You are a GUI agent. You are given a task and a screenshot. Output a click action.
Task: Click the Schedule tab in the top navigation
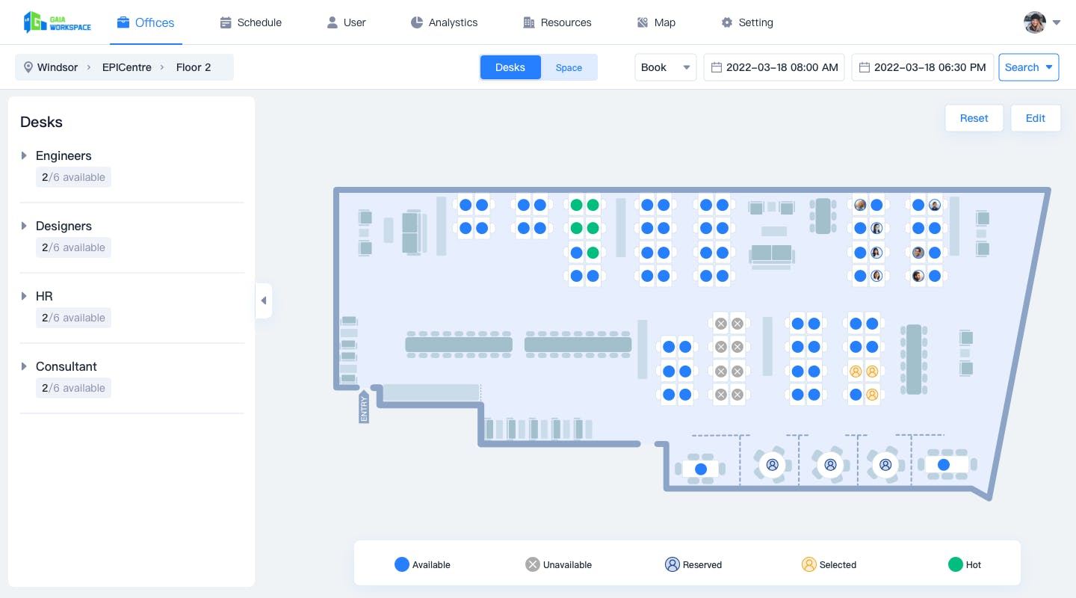click(x=251, y=22)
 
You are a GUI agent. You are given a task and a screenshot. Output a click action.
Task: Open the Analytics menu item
click(x=444, y=22)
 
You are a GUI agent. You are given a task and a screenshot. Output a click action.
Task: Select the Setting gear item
click(x=747, y=22)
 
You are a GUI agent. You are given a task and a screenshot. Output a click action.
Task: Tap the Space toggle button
click(x=569, y=67)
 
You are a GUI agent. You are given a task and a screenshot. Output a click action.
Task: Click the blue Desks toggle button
click(x=510, y=67)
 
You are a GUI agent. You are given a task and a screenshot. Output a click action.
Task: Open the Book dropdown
click(x=665, y=67)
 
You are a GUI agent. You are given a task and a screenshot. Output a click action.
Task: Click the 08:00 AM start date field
click(x=774, y=67)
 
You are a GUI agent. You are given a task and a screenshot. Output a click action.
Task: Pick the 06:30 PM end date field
click(x=922, y=67)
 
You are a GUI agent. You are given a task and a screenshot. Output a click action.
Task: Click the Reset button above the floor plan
click(x=974, y=118)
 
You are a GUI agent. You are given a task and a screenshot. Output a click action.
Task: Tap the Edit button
click(x=1035, y=118)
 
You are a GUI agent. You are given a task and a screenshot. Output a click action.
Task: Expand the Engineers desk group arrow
click(x=24, y=155)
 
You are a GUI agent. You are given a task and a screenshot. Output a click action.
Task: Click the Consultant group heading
click(x=67, y=366)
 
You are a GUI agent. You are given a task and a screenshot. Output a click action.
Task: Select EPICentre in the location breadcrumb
click(x=127, y=67)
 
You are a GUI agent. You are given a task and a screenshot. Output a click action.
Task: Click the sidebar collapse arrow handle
click(x=264, y=300)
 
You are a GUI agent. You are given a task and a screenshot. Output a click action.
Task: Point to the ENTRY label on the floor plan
click(x=364, y=407)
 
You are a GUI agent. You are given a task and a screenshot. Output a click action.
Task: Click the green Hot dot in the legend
click(x=955, y=564)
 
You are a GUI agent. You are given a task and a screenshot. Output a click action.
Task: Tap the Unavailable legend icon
click(x=532, y=564)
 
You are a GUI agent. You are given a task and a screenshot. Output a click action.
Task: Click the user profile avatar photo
click(x=1035, y=22)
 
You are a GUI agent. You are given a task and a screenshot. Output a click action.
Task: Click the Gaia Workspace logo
click(x=57, y=22)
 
